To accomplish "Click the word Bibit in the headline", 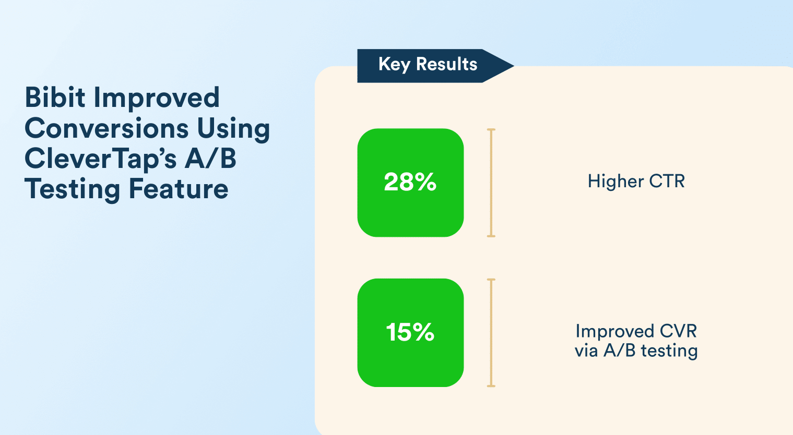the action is (x=55, y=97).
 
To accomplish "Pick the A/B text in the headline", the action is (x=210, y=159).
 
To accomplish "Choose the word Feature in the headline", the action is (x=179, y=189).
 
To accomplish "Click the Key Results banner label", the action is (x=428, y=64).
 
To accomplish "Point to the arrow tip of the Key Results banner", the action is (x=514, y=66).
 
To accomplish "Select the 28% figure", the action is (x=410, y=182).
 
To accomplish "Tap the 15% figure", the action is (x=410, y=332).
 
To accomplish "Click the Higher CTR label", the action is (x=636, y=181).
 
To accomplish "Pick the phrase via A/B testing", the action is (x=636, y=351).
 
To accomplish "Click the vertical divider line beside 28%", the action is (x=491, y=183).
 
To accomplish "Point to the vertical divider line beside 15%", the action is (x=491, y=333).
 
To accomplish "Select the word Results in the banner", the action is (x=446, y=64).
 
